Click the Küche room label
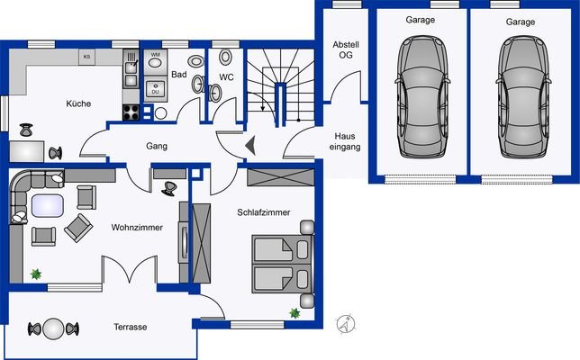coord(78,104)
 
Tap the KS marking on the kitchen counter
coord(86,57)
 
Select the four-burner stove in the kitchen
coord(131,112)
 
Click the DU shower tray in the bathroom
coord(154,90)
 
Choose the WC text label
coord(226,77)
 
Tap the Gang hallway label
coord(159,146)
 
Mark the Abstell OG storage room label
coord(345,49)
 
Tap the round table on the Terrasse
coord(54,328)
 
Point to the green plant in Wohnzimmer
coord(36,274)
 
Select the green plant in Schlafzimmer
coord(295,313)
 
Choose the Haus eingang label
coord(347,139)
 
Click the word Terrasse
coord(131,327)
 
